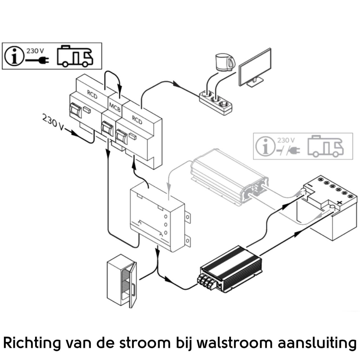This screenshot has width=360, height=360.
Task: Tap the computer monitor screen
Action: (x=255, y=67)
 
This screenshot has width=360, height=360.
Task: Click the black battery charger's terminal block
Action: (x=208, y=281)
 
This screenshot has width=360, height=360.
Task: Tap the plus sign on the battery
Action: (x=340, y=202)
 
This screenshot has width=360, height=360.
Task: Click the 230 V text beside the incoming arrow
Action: (x=53, y=122)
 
